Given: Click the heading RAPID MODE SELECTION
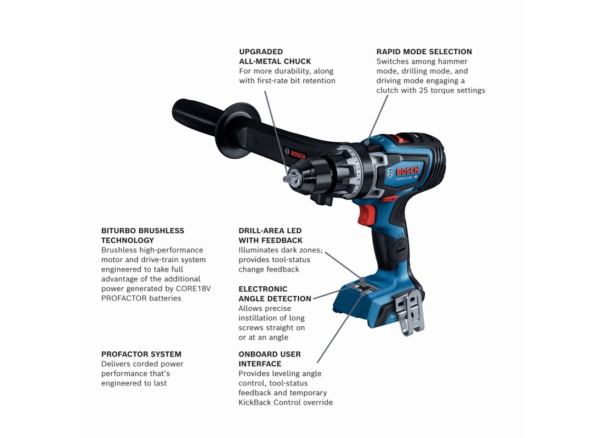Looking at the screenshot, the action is point(424,51).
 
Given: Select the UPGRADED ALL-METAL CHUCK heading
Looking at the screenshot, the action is point(275,56).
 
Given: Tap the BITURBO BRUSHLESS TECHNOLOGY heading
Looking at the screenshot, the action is point(143,235).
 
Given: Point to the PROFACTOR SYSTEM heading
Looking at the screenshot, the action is point(141,354).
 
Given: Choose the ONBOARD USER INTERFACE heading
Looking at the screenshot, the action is point(270,359).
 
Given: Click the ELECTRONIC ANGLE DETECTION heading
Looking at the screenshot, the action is point(275,294).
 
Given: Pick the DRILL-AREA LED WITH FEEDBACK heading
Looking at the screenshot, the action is point(270,235).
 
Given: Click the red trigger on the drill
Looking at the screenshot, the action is point(367,215).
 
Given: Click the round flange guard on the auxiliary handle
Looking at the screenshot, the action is point(235,130).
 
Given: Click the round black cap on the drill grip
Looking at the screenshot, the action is point(399,250).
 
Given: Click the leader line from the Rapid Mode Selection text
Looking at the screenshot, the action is point(378,117).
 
